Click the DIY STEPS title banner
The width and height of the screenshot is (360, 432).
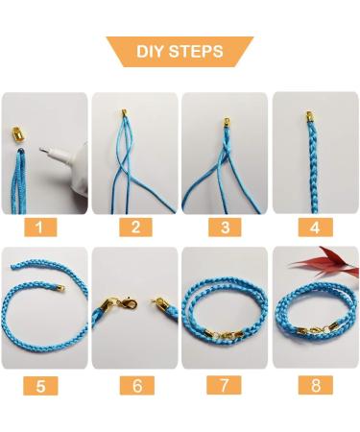(180, 51)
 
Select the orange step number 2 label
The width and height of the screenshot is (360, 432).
(135, 228)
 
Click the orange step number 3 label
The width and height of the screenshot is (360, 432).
(225, 228)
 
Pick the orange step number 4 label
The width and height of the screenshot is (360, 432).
(314, 228)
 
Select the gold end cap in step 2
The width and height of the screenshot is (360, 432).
(125, 114)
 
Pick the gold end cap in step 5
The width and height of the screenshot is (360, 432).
(58, 288)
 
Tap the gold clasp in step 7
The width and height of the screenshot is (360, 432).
(228, 335)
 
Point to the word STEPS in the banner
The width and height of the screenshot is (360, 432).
(198, 51)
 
